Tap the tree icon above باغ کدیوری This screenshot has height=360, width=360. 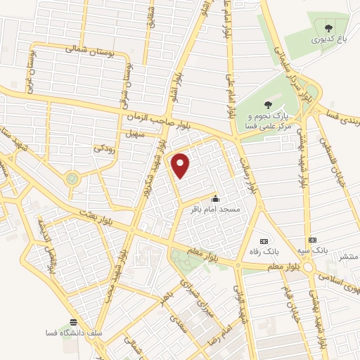pos(329,29)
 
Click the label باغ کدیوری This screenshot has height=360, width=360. pos(330,41)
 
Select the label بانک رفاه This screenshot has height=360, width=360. pos(266,250)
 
